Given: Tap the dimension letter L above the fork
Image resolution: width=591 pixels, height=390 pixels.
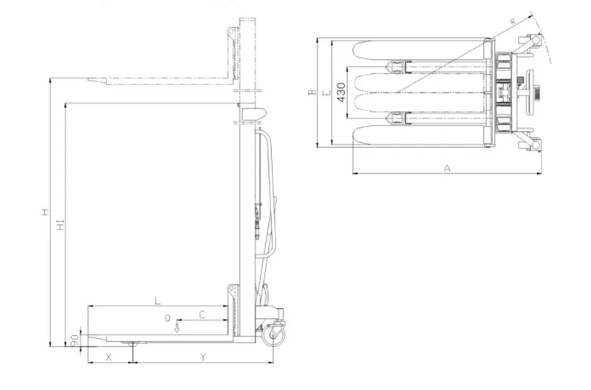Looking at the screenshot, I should [x=157, y=300].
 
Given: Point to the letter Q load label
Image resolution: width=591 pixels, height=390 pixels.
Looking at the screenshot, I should [x=168, y=317].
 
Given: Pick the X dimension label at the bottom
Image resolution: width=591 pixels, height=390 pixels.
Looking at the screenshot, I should [x=109, y=357].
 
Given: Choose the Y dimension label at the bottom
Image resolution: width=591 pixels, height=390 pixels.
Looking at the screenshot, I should [x=202, y=357].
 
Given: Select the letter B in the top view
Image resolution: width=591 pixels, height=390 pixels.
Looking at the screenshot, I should [x=312, y=93].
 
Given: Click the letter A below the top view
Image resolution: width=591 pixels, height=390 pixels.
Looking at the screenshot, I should [x=447, y=168].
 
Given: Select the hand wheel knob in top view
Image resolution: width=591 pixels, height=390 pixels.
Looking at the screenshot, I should [x=535, y=93].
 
